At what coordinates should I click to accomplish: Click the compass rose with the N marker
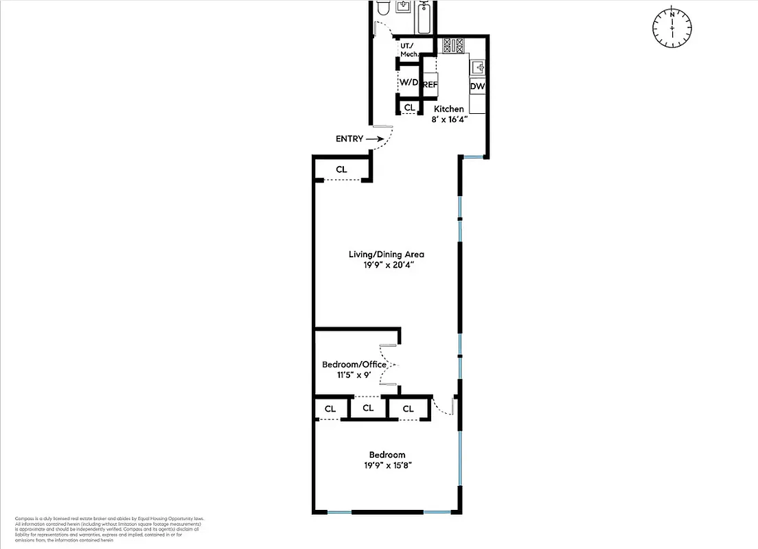(x=671, y=27)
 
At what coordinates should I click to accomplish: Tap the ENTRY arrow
(x=376, y=139)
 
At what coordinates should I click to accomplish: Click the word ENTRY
(x=349, y=139)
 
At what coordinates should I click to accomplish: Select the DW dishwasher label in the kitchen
(x=477, y=86)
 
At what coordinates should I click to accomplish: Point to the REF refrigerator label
(x=430, y=85)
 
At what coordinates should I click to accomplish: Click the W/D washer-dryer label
(x=409, y=82)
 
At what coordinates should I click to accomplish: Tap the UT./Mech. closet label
(x=409, y=49)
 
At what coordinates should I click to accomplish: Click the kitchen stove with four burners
(x=453, y=46)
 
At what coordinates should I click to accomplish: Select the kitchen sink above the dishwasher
(x=478, y=67)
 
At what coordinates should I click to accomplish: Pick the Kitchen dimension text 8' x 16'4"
(x=450, y=119)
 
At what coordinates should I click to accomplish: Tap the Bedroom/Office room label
(x=354, y=364)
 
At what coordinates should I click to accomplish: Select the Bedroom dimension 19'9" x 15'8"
(x=387, y=465)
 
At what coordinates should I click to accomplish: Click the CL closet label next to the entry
(x=341, y=170)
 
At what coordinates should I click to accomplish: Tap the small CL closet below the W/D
(x=409, y=108)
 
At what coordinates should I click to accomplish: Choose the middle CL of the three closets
(x=368, y=408)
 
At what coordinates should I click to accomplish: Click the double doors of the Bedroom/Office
(x=390, y=364)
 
